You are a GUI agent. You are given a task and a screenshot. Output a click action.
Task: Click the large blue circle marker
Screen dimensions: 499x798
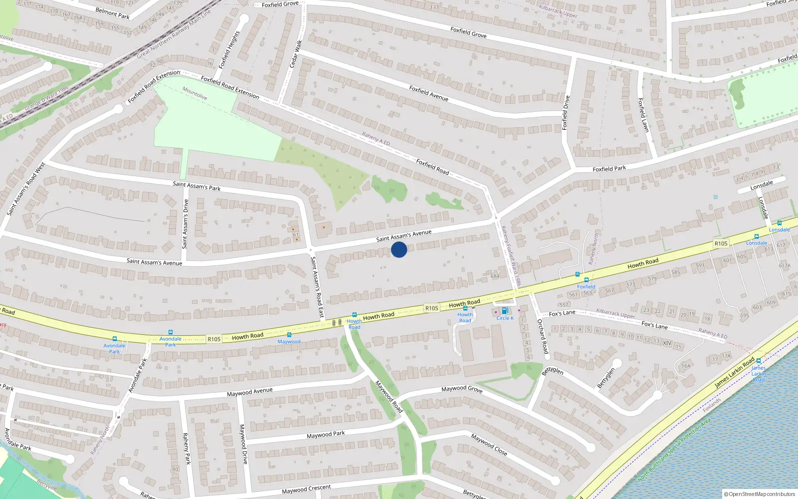399,249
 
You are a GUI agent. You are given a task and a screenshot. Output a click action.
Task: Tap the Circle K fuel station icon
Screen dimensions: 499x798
505,311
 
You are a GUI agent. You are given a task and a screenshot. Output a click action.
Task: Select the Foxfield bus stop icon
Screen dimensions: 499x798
587,280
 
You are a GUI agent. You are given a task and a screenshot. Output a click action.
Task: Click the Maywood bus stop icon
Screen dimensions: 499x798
289,335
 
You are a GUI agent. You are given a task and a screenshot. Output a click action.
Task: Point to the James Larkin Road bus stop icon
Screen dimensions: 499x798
759,361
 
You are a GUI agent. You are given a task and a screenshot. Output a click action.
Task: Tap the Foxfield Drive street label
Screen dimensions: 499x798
566,113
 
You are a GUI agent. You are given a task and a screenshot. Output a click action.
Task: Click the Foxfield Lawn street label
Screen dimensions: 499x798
643,115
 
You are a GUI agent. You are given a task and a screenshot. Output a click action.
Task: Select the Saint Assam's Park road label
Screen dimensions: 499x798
197,186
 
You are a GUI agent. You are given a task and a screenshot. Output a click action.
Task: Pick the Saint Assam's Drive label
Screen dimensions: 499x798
186,224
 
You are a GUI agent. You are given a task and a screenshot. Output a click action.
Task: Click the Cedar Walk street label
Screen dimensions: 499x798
296,53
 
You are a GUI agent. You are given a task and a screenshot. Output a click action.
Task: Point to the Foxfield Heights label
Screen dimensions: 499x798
229,49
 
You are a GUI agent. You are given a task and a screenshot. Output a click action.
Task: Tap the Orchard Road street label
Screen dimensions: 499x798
542,336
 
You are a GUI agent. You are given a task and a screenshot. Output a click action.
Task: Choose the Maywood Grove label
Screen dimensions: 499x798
462,388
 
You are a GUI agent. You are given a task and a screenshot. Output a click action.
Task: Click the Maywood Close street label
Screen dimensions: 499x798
489,445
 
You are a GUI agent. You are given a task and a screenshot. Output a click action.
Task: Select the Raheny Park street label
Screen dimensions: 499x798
187,449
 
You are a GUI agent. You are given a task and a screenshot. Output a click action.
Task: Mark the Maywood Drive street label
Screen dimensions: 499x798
243,444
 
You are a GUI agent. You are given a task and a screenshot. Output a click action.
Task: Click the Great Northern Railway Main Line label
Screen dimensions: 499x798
174,33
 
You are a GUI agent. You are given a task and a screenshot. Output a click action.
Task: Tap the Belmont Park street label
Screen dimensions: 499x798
112,13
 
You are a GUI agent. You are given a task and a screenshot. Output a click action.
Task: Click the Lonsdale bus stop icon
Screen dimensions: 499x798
780,223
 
